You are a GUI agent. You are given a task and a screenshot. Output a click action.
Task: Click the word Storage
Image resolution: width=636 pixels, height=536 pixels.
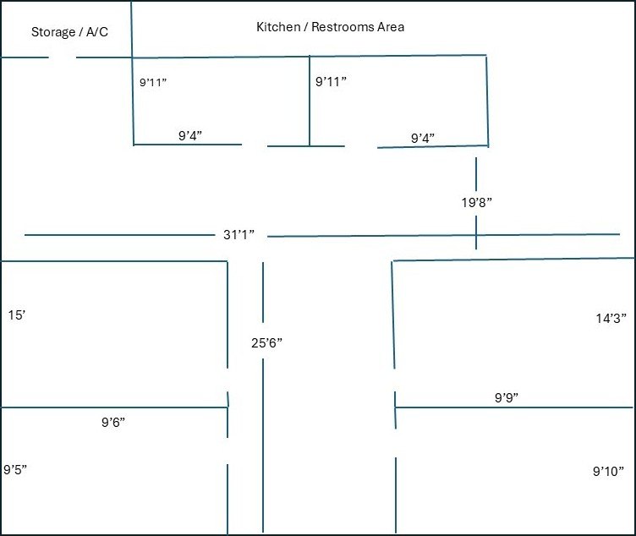tap(53, 32)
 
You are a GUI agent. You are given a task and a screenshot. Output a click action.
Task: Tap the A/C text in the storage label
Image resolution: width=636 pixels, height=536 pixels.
tap(97, 31)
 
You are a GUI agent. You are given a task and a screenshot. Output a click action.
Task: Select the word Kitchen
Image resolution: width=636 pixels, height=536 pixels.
tap(278, 27)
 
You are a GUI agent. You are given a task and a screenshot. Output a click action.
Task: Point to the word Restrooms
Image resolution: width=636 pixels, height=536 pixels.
tap(343, 27)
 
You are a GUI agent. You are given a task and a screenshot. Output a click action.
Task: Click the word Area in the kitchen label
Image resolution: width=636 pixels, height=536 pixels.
tap(391, 27)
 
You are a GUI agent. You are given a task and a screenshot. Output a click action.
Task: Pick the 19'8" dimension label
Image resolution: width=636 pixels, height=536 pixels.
tap(477, 202)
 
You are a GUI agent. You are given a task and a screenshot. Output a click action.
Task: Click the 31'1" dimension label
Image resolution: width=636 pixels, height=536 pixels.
tap(238, 234)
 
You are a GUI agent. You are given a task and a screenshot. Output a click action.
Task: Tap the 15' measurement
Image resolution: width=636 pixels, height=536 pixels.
tap(17, 315)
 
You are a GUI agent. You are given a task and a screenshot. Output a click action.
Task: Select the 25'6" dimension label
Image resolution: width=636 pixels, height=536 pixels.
tap(266, 343)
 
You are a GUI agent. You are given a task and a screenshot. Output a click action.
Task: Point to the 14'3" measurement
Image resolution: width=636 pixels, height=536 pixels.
tap(611, 318)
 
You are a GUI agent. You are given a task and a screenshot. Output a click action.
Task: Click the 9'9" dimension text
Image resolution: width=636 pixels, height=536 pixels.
tap(507, 397)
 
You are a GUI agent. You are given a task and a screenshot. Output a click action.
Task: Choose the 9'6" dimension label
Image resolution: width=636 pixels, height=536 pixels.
tap(113, 422)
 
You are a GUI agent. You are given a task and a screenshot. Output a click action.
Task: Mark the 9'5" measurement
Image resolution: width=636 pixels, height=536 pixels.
tap(15, 469)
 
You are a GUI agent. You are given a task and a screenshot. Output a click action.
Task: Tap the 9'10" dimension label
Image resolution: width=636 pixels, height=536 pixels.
tap(608, 471)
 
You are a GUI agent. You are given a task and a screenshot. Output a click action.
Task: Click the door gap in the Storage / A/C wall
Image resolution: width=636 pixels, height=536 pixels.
tap(63, 57)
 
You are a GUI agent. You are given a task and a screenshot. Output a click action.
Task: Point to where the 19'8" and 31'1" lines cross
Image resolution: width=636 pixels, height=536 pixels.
tap(476, 235)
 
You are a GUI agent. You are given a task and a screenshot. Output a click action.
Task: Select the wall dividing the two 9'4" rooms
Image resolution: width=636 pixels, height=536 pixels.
tap(310, 101)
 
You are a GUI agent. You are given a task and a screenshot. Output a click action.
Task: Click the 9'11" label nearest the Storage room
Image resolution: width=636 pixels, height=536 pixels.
tap(153, 82)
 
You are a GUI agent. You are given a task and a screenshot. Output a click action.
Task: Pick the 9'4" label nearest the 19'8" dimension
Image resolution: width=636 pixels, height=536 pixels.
tap(423, 139)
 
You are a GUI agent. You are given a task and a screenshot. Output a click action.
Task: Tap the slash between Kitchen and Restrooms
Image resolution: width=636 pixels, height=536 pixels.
tap(306, 27)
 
